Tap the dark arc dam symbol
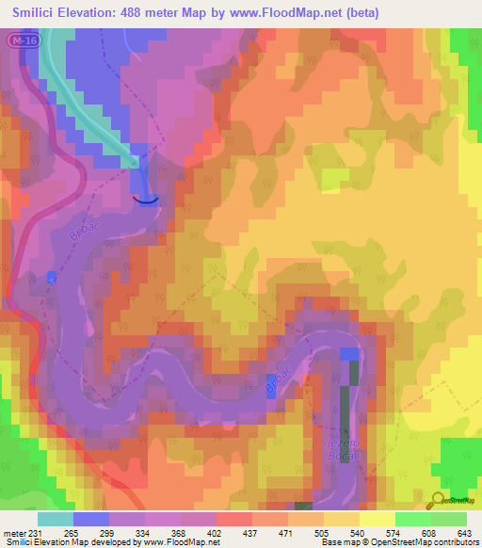pyautogui.click(x=145, y=199)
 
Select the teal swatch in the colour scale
pyautogui.click(x=56, y=519)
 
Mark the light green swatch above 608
pyautogui.click(x=412, y=519)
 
